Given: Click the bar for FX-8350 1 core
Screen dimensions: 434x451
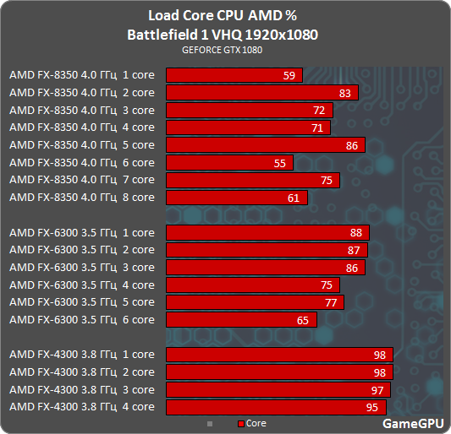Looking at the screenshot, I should (x=233, y=75).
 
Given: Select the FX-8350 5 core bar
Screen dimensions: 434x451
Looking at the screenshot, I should (x=265, y=145).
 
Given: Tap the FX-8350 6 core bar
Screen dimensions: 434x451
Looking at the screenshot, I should (x=229, y=163).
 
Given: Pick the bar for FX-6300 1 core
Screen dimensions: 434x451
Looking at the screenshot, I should (x=267, y=232).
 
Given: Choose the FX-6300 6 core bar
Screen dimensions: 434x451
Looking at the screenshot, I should (x=241, y=320).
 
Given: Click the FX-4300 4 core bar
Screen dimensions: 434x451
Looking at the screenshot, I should (x=276, y=407).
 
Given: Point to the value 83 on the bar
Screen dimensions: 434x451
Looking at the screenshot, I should (x=344, y=93).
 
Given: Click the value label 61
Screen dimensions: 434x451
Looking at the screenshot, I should (x=294, y=198).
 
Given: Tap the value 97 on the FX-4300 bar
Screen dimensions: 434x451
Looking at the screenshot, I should (x=377, y=389).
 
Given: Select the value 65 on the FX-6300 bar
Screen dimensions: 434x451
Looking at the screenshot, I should (x=303, y=320).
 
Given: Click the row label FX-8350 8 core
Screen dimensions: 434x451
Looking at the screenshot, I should (x=81, y=198).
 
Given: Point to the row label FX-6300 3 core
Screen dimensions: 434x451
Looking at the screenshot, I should (x=81, y=268).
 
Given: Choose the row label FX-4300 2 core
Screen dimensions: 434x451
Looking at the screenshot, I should (x=81, y=372).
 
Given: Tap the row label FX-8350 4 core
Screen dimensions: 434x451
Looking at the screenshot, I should (x=81, y=127).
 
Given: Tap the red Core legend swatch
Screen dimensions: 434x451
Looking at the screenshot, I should (x=241, y=423).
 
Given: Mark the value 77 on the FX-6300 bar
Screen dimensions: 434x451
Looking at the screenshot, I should (x=330, y=302).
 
